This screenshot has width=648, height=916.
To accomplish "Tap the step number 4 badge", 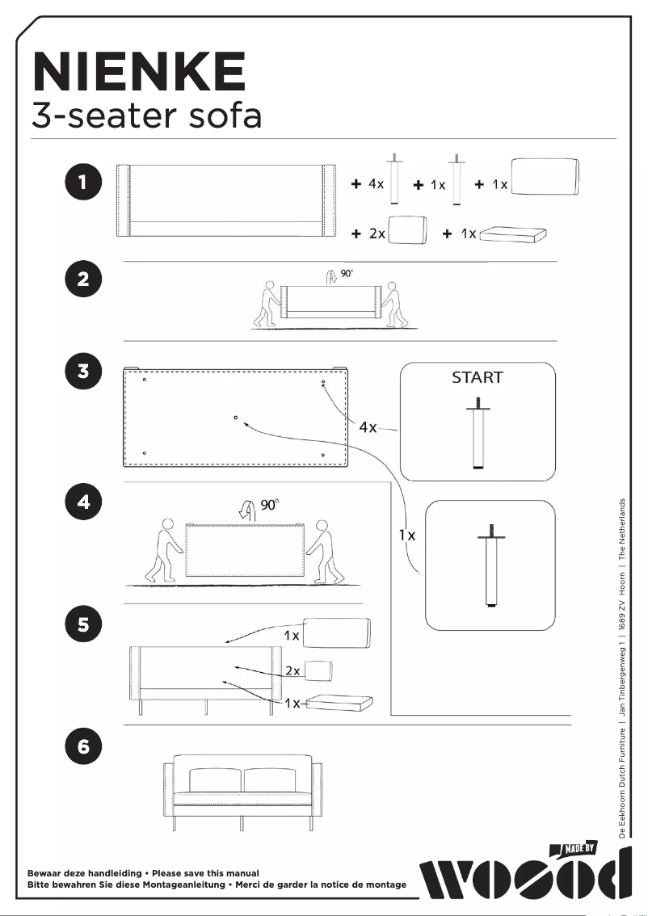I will click(x=83, y=502).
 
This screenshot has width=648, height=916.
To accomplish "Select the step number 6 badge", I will click(x=83, y=747).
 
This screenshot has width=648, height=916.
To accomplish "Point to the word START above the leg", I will click(x=477, y=377).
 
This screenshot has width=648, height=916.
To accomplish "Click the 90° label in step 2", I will click(x=347, y=275).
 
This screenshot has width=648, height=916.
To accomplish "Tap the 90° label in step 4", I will click(x=270, y=505).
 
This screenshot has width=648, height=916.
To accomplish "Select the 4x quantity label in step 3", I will click(x=368, y=426).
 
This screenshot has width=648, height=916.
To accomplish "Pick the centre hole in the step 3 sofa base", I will click(x=235, y=418).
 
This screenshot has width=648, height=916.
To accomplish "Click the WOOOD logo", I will click(x=525, y=880).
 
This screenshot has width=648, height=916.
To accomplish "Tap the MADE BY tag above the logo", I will click(x=579, y=848).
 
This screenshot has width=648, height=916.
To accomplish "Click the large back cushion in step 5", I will click(x=336, y=634).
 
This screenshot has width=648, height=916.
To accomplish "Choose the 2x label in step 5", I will click(x=292, y=670).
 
